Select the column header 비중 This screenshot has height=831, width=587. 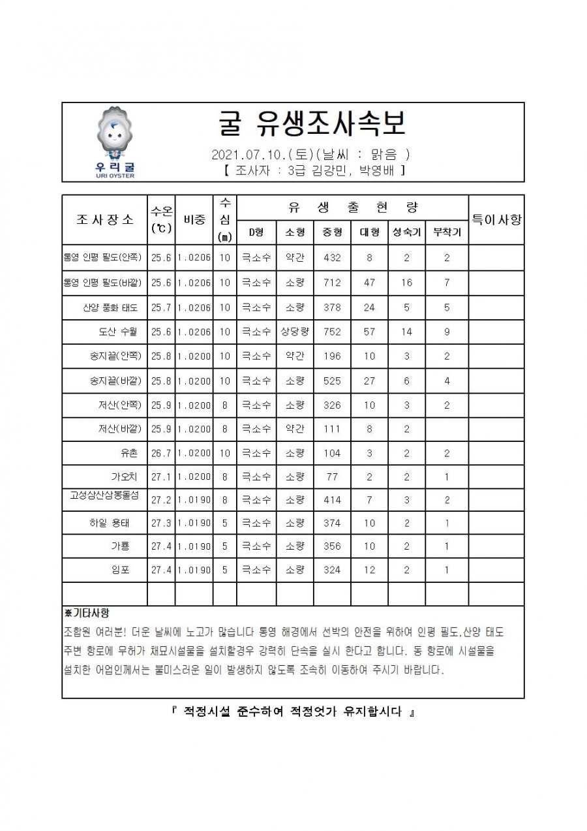[194, 219]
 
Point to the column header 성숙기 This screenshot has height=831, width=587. [406, 232]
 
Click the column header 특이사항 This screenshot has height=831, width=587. [496, 219]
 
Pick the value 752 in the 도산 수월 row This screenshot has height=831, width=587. [332, 332]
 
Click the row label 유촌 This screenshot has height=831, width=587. [121, 454]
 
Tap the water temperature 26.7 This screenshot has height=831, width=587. [161, 454]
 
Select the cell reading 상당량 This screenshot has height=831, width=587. [294, 332]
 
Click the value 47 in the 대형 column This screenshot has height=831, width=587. [369, 283]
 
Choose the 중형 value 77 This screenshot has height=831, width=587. [332, 477]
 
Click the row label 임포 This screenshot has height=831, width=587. [121, 570]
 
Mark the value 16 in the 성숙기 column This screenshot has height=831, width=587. [406, 283]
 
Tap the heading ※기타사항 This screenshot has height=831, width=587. [87, 614]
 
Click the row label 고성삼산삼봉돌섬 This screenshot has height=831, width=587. [105, 496]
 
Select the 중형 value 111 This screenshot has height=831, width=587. [332, 429]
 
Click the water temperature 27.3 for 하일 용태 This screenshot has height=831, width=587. [161, 524]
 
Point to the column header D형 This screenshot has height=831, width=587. [256, 232]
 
